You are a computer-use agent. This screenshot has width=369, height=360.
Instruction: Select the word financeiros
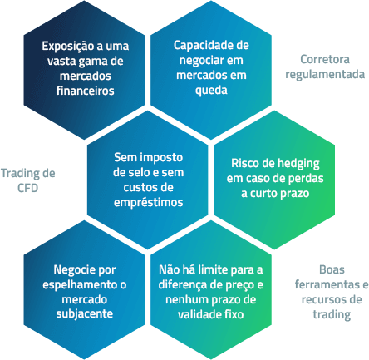click(85, 91)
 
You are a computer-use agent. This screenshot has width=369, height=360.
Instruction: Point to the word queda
click(211, 91)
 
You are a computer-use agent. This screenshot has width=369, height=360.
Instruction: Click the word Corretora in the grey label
click(325, 59)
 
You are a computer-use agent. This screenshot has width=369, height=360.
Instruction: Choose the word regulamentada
click(325, 75)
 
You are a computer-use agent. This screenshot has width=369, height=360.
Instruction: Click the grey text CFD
click(27, 188)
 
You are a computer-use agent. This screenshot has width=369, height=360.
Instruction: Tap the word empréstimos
click(149, 203)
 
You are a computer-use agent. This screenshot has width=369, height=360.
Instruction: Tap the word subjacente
click(85, 314)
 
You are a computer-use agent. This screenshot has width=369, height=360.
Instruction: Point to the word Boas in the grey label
click(332, 269)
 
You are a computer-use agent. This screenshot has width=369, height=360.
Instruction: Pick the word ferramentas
click(327, 284)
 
